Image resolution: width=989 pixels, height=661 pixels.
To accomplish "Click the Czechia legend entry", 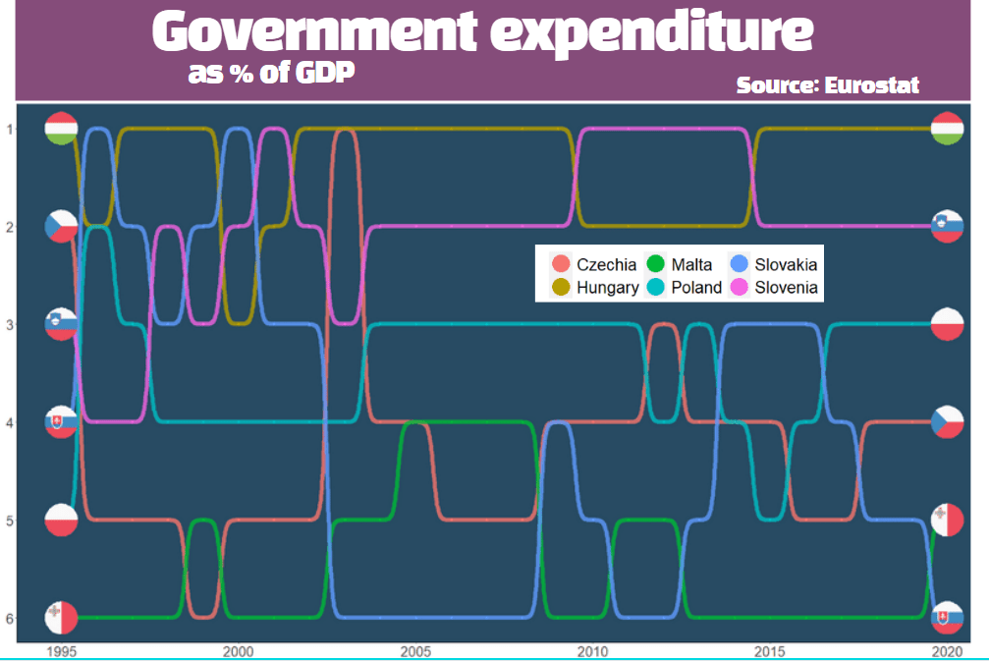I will click(595, 264).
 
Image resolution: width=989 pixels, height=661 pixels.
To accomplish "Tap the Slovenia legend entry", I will click(775, 288).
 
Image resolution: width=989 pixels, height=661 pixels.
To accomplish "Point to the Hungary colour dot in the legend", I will click(561, 288).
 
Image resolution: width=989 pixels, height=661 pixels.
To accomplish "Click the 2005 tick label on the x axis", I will click(415, 651).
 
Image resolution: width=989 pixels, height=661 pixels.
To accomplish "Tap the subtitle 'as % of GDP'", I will click(271, 74).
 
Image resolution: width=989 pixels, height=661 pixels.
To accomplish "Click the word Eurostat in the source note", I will click(872, 85).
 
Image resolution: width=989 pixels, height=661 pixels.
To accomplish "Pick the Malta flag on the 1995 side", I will click(61, 618).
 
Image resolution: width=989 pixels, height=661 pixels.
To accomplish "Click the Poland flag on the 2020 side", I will click(946, 324).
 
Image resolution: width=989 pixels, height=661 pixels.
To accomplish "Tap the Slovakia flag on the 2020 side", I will click(946, 618).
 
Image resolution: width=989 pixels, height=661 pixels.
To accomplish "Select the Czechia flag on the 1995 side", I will click(61, 226).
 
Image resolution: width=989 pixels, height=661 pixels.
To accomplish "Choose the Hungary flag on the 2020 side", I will click(946, 129).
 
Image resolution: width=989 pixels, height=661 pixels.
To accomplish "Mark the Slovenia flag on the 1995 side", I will click(61, 324).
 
